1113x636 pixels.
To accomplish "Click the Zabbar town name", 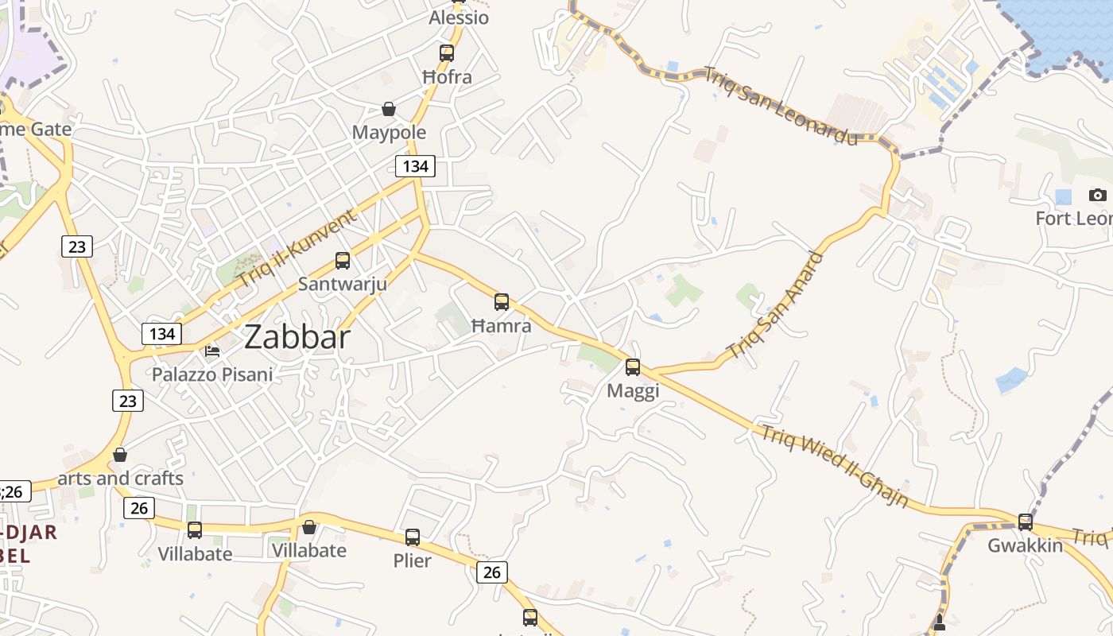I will [x=297, y=337].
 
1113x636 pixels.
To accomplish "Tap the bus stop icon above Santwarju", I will [x=343, y=260].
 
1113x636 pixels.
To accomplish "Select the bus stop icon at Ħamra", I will [x=502, y=302].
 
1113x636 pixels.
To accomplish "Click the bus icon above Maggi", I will [x=633, y=367].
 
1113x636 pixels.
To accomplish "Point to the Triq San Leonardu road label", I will [x=781, y=106].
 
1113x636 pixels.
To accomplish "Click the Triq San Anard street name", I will [x=774, y=305].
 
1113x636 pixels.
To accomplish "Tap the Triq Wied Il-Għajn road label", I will [x=835, y=467].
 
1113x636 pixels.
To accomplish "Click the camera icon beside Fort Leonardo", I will [x=1098, y=195].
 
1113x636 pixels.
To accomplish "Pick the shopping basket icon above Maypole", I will [x=389, y=109].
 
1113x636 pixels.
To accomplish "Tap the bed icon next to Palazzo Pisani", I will [x=212, y=350].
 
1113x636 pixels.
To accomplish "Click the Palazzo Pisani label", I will [x=212, y=374].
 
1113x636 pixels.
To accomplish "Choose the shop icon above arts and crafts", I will [x=120, y=455].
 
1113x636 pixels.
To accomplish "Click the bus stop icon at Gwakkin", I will [x=1026, y=522].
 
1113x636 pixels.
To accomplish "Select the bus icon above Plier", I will [x=413, y=537].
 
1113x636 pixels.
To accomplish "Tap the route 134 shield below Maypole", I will [x=415, y=166].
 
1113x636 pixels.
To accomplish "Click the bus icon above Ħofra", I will [x=447, y=53].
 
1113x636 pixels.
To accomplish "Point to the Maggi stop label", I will [x=633, y=391].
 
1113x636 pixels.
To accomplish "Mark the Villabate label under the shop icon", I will [x=309, y=550].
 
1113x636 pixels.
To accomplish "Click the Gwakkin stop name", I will [x=1025, y=545].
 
